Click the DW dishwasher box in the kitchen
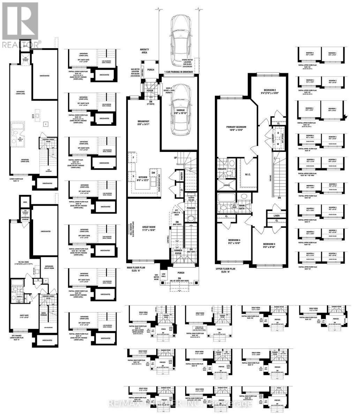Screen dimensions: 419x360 click(x=153, y=173)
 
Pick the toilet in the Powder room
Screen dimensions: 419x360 click(x=191, y=219)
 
